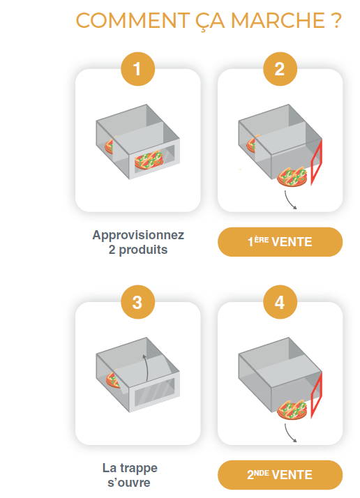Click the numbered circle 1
coord(137,69)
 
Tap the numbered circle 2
coord(280,69)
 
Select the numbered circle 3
coord(137,302)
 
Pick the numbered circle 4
coord(280,302)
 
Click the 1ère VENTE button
coord(280,242)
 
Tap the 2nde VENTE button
coord(280,475)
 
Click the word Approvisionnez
coord(138,235)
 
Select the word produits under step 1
coord(143,250)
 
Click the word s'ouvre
coord(129,483)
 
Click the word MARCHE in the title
coord(278,21)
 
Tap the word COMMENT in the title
coord(133,21)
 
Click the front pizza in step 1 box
coord(149,160)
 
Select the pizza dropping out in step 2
coord(292,177)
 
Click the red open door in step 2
coord(317,162)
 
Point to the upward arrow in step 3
coord(146,368)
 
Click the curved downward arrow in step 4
coord(290,433)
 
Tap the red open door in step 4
coord(317,395)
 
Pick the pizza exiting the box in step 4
coord(292,410)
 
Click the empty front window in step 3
coord(155,392)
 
